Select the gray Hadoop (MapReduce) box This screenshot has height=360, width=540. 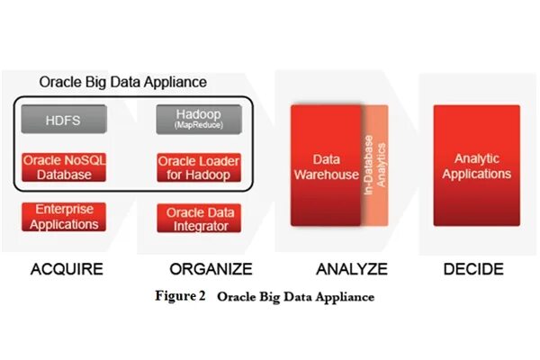tap(199, 119)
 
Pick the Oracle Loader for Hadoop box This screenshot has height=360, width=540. tap(199, 167)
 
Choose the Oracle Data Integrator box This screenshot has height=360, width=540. tap(199, 219)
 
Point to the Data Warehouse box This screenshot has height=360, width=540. tap(326, 167)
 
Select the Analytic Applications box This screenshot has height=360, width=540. tap(476, 166)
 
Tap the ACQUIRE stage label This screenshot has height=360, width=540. tap(67, 269)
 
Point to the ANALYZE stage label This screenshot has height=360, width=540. tap(351, 269)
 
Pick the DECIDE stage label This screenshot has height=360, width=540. tap(473, 269)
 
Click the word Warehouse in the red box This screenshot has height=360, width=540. tap(328, 175)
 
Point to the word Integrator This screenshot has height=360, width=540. tap(199, 226)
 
